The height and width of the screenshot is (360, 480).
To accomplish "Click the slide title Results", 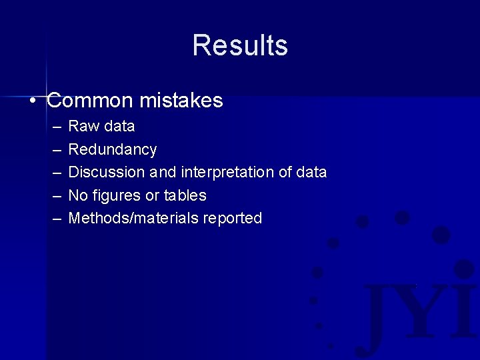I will pyautogui.click(x=240, y=45).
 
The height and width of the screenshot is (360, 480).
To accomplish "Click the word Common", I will pyautogui.click(x=90, y=101).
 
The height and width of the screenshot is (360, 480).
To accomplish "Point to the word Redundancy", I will pyautogui.click(x=113, y=149).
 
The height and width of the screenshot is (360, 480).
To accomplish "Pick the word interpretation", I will pyautogui.click(x=227, y=172).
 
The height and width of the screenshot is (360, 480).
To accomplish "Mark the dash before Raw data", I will pyautogui.click(x=55, y=126).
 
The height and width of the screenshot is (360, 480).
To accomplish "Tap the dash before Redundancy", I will pyautogui.click(x=55, y=149).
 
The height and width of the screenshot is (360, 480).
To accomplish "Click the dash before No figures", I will pyautogui.click(x=55, y=195).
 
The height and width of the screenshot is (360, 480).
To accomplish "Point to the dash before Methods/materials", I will pyautogui.click(x=55, y=218).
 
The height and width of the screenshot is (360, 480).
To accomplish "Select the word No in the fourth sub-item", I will pyautogui.click(x=78, y=195).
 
